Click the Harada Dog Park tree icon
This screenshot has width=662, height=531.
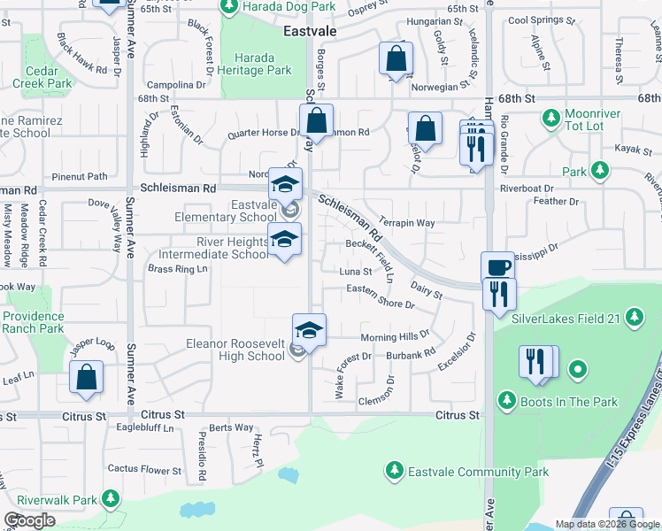(228, 7)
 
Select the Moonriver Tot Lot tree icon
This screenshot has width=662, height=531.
(550, 117)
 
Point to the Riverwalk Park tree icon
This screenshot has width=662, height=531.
(111, 500)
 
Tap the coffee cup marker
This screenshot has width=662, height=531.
(497, 266)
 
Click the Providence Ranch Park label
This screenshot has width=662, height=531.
(34, 322)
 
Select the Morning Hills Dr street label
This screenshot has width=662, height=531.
(395, 336)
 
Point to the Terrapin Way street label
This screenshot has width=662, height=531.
(406, 223)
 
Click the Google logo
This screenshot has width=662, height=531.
(30, 520)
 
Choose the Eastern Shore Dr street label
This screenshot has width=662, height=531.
(381, 296)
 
